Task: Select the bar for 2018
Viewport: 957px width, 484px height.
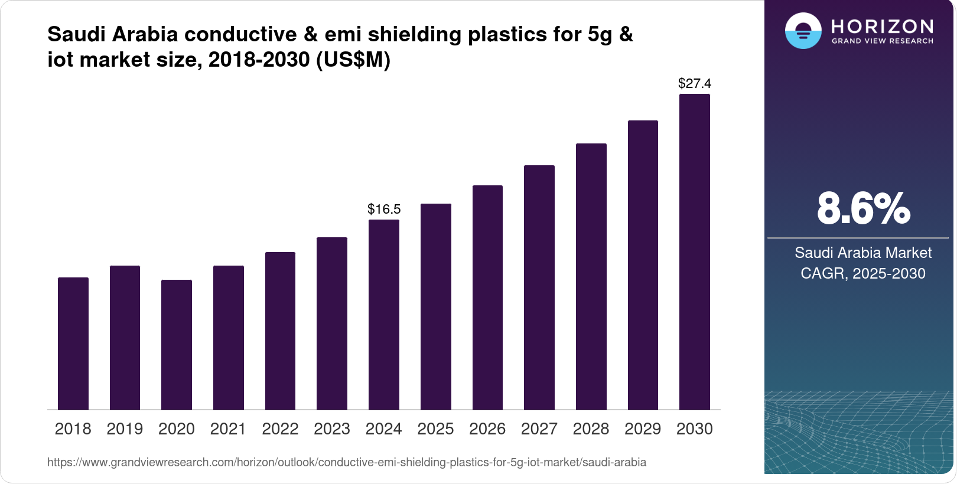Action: tap(73, 344)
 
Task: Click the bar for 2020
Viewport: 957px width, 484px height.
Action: tap(177, 345)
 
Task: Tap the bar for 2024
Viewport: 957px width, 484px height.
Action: tap(384, 315)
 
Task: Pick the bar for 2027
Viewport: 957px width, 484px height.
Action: tap(539, 287)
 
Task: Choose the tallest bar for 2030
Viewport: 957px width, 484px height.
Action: tap(695, 252)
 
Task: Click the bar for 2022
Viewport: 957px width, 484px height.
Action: tap(280, 331)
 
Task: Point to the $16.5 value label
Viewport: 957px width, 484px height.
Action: tap(384, 209)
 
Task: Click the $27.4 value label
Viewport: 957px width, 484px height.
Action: tap(695, 83)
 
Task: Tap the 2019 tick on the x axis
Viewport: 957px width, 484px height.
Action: tap(125, 429)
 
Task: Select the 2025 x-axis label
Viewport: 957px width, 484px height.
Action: tap(435, 429)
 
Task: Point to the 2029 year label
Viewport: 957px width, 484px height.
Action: tap(643, 429)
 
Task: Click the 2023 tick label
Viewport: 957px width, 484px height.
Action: tap(332, 429)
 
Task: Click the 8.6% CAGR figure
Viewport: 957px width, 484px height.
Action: tap(863, 208)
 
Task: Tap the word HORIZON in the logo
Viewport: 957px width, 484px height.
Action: tap(883, 27)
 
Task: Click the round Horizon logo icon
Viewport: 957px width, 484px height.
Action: tap(803, 31)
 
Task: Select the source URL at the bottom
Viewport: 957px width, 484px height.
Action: tap(347, 462)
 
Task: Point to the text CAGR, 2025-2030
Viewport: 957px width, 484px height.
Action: tap(863, 273)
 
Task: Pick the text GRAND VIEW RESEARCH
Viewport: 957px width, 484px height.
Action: tap(883, 41)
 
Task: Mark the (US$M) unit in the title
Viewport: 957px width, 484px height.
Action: tap(353, 60)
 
